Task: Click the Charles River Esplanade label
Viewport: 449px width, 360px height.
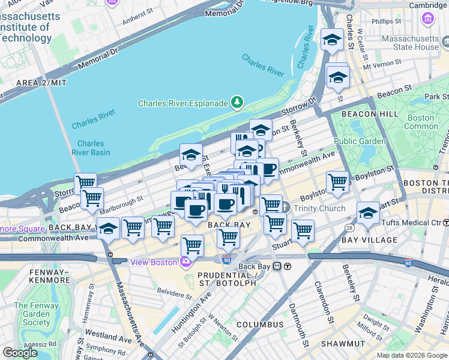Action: click(x=182, y=103)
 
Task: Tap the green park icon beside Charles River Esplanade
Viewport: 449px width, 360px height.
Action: click(x=238, y=103)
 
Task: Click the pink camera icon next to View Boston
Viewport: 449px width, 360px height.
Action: click(x=187, y=262)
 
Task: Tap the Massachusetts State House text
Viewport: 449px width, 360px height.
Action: click(x=411, y=43)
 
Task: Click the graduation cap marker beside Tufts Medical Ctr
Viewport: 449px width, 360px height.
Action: click(x=368, y=213)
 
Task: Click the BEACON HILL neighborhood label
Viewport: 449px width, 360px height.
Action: click(x=366, y=113)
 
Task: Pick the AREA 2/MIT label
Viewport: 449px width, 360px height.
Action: click(x=41, y=83)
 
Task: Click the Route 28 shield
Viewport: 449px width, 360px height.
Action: click(x=349, y=228)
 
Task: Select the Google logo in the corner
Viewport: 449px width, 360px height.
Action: click(x=20, y=353)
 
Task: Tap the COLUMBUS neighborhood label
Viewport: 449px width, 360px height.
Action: click(x=259, y=325)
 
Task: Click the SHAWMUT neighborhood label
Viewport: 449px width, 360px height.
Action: click(x=342, y=344)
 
